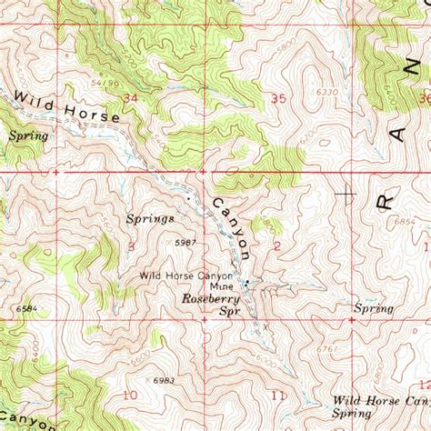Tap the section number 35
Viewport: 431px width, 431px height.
[278, 97]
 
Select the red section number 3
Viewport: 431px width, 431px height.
[132, 246]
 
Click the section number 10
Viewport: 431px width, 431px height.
[130, 395]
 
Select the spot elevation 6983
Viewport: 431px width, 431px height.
[164, 379]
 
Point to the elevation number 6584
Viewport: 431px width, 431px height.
[27, 309]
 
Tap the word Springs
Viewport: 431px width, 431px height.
[153, 219]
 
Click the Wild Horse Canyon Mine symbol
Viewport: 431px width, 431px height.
[246, 282]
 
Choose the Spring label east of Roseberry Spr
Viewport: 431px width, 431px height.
[374, 309]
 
